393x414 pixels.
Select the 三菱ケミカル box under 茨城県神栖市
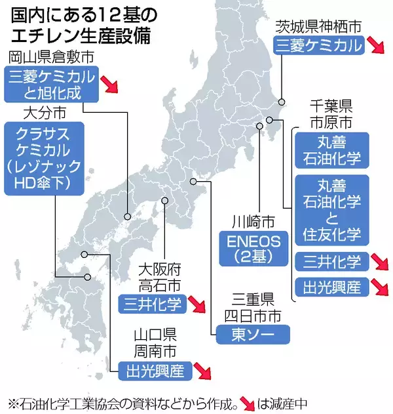click(318, 45)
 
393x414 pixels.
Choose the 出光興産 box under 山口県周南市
click(155, 371)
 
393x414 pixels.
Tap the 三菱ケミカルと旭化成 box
click(52, 85)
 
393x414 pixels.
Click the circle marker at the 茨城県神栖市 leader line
click(281, 102)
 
